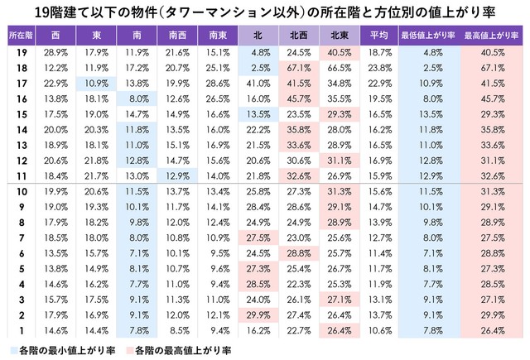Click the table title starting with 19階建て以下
click(264, 12)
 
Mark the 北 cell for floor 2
click(257, 315)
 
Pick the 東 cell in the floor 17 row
click(95, 83)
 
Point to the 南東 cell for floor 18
click(216, 67)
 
